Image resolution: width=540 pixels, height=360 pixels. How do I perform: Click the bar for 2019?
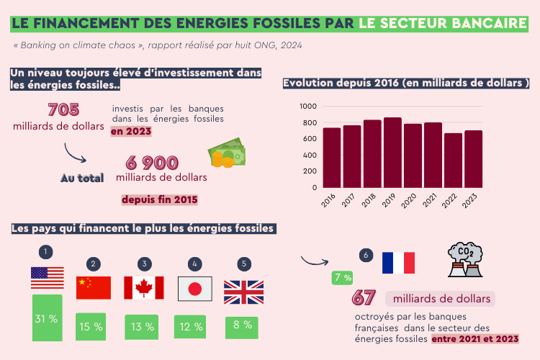pyautogui.click(x=392, y=153)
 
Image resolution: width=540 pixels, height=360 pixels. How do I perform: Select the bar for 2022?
pyautogui.click(x=453, y=161)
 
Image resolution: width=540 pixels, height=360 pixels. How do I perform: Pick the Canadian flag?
pyautogui.click(x=144, y=288)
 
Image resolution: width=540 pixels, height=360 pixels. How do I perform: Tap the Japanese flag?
pyautogui.click(x=194, y=289)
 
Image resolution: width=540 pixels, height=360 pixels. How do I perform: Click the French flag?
pyautogui.click(x=398, y=263)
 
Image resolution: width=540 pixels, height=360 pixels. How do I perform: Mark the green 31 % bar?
pyautogui.click(x=47, y=318)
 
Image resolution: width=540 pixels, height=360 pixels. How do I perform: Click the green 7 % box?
pyautogui.click(x=342, y=277)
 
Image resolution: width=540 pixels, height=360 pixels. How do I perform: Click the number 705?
pyautogui.click(x=63, y=110)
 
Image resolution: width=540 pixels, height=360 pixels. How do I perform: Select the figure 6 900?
pyautogui.click(x=151, y=163)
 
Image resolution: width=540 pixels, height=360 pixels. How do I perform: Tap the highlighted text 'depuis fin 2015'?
pyautogui.click(x=160, y=199)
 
